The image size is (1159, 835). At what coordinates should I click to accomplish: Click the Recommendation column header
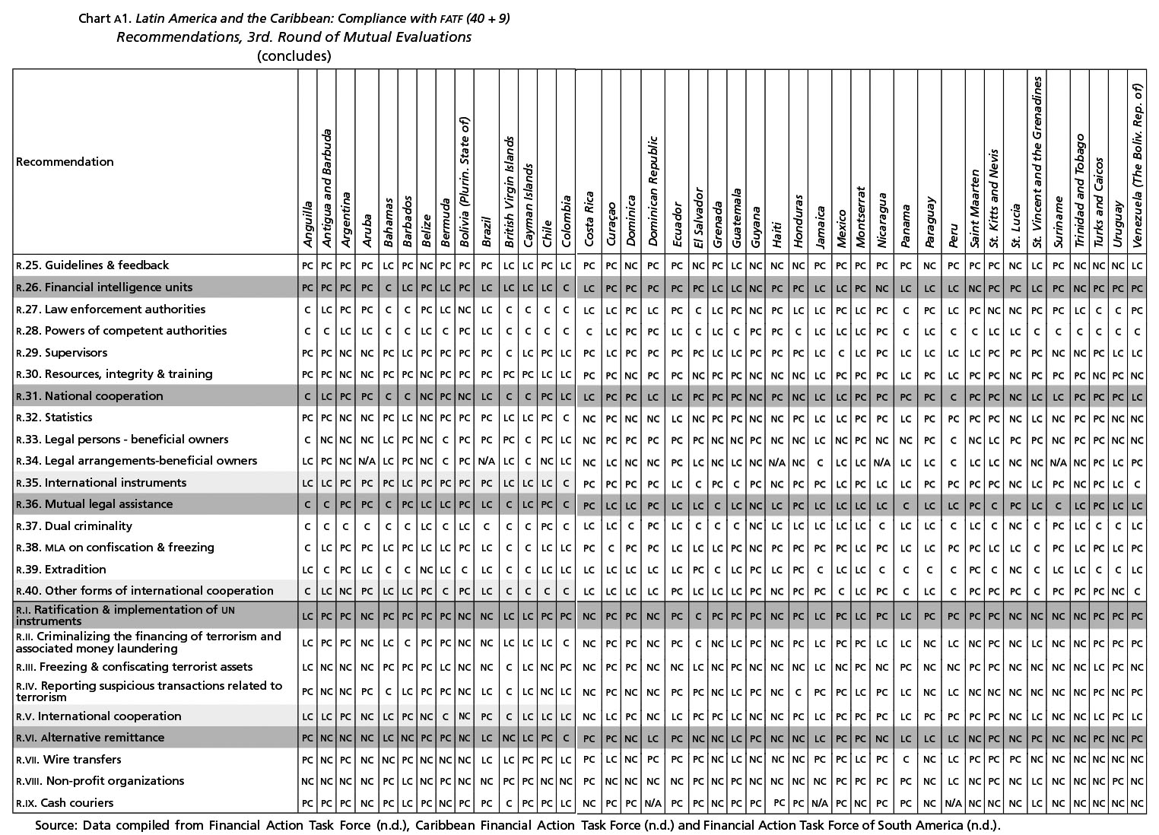[x=65, y=162]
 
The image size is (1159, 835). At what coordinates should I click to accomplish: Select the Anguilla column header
[x=307, y=224]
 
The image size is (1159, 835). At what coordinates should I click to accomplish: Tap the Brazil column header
[x=487, y=232]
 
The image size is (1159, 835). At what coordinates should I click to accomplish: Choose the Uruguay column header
[x=1117, y=225]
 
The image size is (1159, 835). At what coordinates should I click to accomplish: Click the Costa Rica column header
[x=589, y=219]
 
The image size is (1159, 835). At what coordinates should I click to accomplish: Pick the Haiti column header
[x=776, y=234]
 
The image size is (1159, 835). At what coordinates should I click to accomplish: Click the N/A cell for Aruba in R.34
[x=367, y=461]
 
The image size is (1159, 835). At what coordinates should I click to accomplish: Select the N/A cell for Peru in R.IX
[x=954, y=803]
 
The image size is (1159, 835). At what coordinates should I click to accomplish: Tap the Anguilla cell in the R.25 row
[x=307, y=266]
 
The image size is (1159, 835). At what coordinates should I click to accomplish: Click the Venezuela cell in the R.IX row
[x=1136, y=803]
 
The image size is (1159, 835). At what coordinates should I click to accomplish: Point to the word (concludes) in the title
[x=294, y=56]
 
